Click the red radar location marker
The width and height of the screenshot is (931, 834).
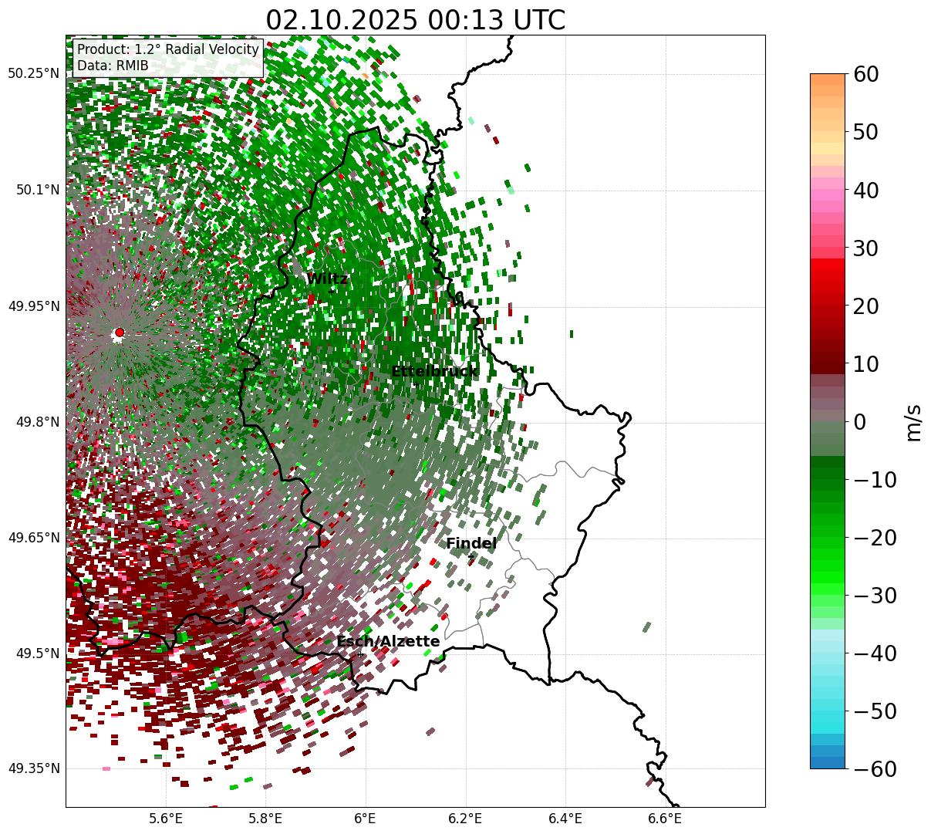119,333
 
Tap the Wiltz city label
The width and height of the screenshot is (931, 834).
327,279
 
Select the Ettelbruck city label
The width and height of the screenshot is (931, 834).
434,372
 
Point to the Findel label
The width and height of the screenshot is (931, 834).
471,544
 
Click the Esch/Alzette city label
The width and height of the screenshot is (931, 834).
388,642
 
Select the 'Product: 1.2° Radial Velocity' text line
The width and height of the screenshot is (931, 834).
168,50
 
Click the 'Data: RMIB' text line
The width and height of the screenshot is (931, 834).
113,66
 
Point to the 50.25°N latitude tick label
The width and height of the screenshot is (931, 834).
33,74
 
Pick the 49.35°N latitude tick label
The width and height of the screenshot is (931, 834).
33,769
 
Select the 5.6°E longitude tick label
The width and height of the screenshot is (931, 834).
166,818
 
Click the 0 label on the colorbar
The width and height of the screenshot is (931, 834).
859,422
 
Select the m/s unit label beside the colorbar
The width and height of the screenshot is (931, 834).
913,421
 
